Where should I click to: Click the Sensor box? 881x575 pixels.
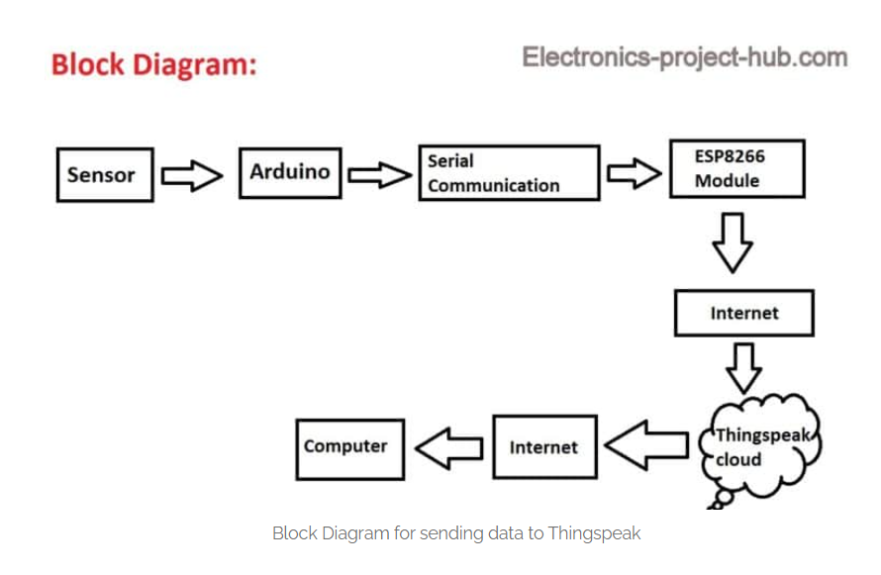(x=105, y=174)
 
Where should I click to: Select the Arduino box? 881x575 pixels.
(x=290, y=173)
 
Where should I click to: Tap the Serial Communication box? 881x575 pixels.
(x=509, y=173)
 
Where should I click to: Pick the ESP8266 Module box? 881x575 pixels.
(x=737, y=168)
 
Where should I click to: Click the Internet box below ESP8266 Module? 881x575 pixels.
(x=744, y=313)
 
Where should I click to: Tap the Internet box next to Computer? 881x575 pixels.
(x=544, y=447)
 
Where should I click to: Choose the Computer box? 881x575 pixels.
(x=350, y=449)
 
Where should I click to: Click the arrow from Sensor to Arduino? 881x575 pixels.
(x=192, y=176)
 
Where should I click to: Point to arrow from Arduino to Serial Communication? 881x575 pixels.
(x=379, y=175)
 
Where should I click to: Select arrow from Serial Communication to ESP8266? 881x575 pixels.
(x=634, y=173)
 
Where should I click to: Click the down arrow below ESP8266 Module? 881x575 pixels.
(x=733, y=242)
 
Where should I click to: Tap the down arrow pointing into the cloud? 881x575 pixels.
(x=744, y=368)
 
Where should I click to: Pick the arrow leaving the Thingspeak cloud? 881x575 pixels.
(x=646, y=445)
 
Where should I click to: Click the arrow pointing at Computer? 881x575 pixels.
(x=449, y=448)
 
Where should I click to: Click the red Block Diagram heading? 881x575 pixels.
(x=154, y=64)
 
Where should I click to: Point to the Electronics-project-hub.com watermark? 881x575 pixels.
(x=684, y=57)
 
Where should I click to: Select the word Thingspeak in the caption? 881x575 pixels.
(x=594, y=532)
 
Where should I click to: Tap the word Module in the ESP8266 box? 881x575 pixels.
(x=727, y=181)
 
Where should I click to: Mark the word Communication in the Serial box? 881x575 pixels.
(x=494, y=185)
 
